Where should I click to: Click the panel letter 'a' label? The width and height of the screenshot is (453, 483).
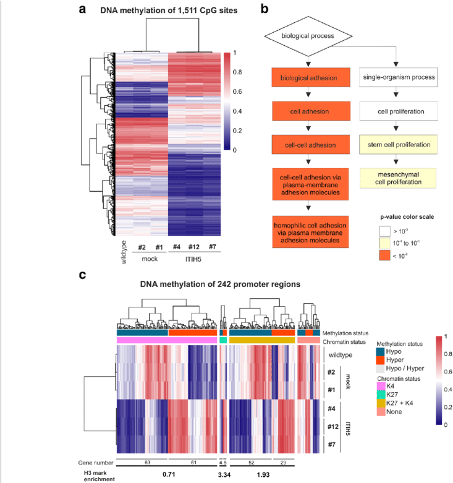tap(83, 11)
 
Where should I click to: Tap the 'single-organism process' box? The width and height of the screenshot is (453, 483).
tap(398, 78)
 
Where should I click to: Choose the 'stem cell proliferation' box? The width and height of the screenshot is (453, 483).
tap(398, 145)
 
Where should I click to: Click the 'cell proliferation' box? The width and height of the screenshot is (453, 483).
tap(398, 112)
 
